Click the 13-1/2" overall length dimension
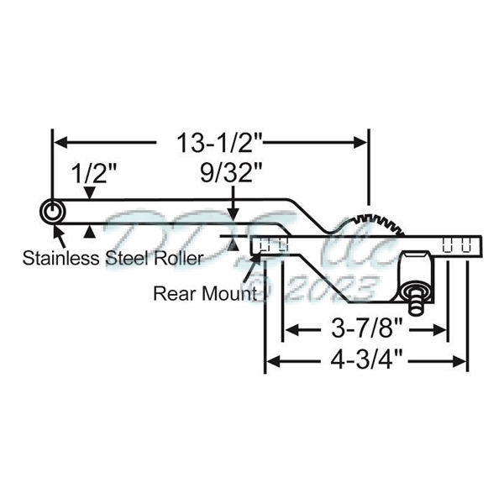point(211,143)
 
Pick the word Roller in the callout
point(176,257)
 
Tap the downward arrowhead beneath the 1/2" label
point(90,195)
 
